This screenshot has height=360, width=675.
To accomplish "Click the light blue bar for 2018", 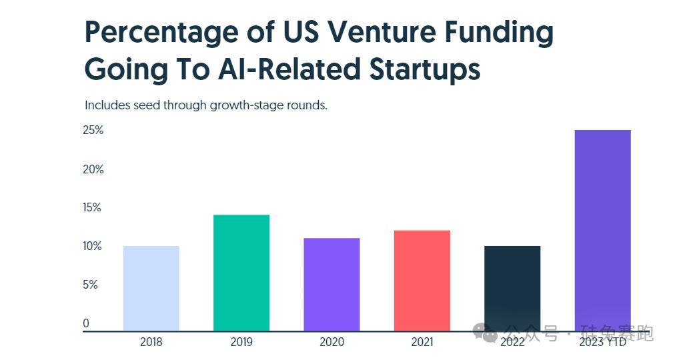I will (x=151, y=288).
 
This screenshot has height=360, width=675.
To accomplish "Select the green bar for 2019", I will (x=241, y=273).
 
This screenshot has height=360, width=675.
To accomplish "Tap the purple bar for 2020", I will (x=331, y=284).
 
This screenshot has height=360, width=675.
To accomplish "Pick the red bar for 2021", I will (x=422, y=280).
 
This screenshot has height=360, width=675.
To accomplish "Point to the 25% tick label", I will (x=93, y=130).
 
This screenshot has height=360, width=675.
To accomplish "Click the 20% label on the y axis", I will (x=93, y=169).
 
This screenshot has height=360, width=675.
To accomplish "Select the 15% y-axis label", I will (x=93, y=207).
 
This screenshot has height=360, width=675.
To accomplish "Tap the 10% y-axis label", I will (x=93, y=246).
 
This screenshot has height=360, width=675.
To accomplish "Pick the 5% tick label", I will (x=91, y=285).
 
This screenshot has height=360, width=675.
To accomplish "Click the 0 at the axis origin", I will (x=86, y=323).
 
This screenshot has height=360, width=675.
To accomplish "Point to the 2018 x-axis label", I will (x=151, y=342).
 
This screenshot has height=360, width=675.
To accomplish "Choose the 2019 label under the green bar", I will (x=241, y=342).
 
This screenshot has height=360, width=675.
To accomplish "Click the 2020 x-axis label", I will (x=331, y=342).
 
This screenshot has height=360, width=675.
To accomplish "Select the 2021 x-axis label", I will (x=422, y=342).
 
